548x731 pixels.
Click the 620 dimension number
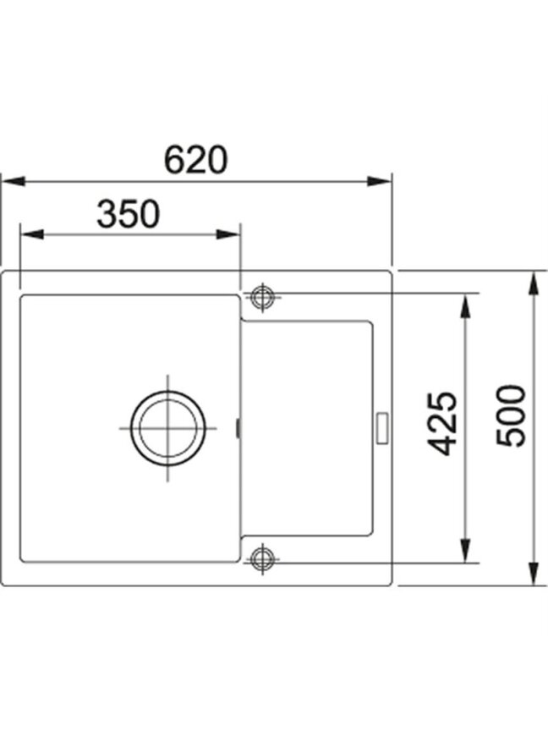click(195, 159)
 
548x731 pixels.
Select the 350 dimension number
click(129, 213)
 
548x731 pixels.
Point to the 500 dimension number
click(511, 416)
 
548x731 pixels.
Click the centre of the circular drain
click(167, 428)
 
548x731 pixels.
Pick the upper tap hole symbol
click(263, 297)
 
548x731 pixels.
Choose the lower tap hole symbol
click(263, 558)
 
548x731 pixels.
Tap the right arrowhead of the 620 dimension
click(379, 181)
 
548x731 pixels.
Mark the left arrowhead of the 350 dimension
click(31, 234)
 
